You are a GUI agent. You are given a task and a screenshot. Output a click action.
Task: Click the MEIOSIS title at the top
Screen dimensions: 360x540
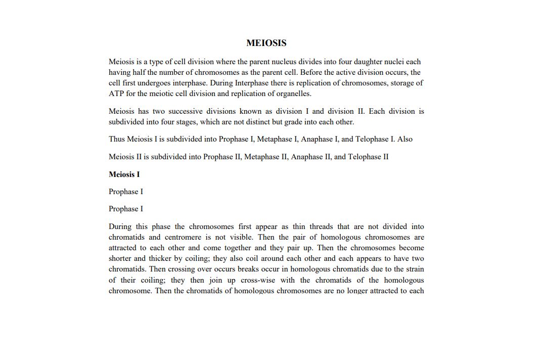click(266, 43)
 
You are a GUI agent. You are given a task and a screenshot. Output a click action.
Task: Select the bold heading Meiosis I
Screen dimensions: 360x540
click(124, 174)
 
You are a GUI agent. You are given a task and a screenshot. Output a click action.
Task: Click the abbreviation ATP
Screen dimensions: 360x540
click(116, 94)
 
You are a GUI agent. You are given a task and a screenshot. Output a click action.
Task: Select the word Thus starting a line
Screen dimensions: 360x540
click(117, 139)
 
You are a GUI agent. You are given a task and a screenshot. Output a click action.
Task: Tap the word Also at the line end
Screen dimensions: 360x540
click(406, 139)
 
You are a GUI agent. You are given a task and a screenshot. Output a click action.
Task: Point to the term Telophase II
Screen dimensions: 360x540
click(368, 157)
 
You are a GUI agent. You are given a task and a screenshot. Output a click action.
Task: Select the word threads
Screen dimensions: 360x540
click(322, 227)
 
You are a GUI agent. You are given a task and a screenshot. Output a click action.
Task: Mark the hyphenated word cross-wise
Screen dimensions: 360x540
click(274, 280)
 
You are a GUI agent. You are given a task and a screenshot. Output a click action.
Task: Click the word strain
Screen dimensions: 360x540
click(414, 269)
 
